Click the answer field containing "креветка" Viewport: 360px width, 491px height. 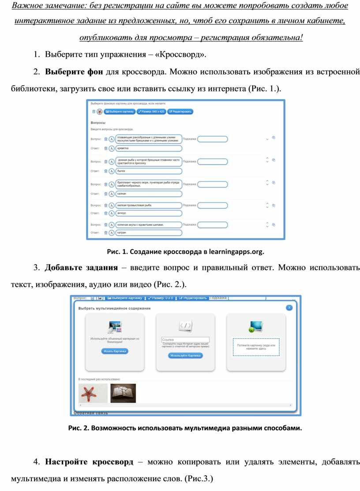point(148,149)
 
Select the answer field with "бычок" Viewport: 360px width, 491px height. point(148,171)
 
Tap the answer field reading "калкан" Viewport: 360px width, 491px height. point(148,194)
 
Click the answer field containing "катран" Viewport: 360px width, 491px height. point(148,232)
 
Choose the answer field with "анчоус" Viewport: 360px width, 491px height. point(148,213)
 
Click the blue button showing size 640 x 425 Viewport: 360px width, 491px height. point(151,112)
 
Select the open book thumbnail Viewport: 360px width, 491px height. point(123,393)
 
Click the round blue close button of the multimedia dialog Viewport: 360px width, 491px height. point(289,307)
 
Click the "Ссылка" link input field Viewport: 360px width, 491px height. point(185,340)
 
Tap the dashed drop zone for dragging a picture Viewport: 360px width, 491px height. point(256,347)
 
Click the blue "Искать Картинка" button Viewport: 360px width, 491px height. point(115,351)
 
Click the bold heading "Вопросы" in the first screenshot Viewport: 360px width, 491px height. point(98,123)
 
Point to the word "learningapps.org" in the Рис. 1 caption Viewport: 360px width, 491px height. point(236,252)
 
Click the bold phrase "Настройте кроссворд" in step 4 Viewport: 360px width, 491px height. point(89,462)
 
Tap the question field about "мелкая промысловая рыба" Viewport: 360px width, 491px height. point(148,205)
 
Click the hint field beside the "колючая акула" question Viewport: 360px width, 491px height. point(213,225)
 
